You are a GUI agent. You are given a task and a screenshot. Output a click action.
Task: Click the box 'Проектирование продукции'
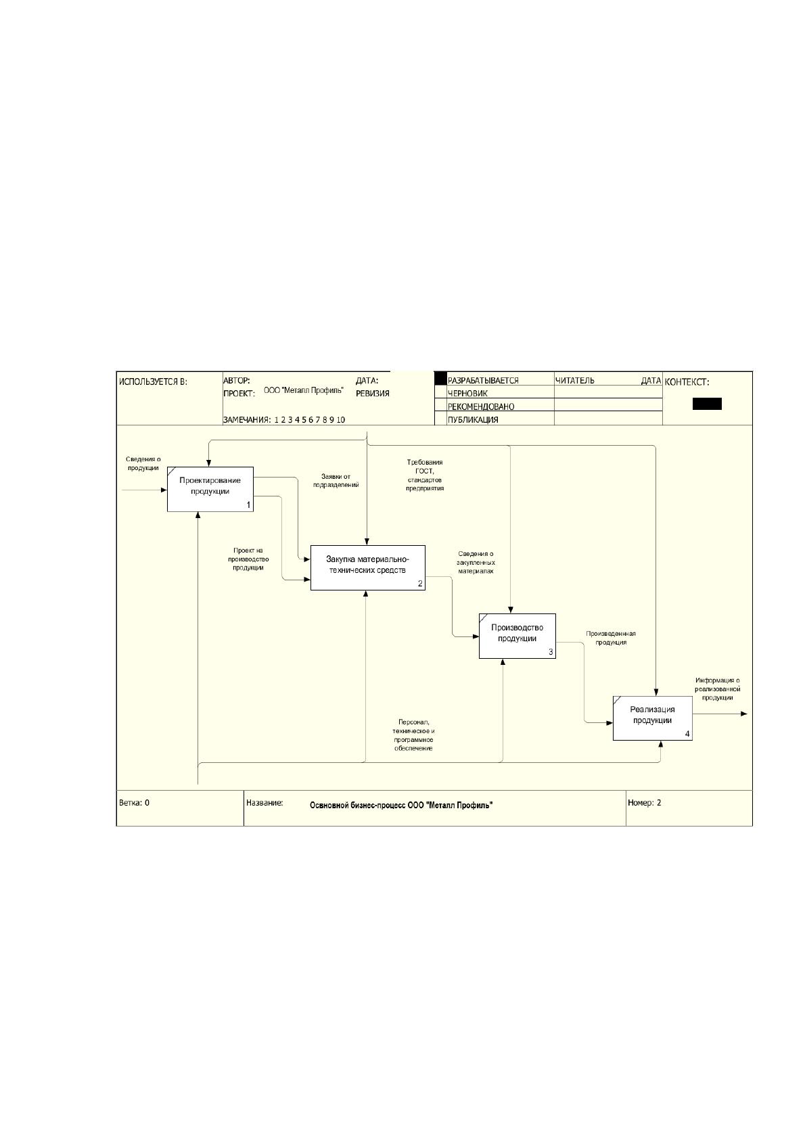pos(210,489)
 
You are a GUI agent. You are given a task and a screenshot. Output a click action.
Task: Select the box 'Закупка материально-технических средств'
pos(368,568)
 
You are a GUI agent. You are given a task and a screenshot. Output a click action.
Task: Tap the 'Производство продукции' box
pos(517,636)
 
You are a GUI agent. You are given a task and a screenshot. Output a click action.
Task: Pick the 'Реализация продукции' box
pos(652,718)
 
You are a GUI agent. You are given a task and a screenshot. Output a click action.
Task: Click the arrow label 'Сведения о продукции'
pos(143,464)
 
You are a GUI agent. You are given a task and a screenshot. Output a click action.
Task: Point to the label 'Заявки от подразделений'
pos(336,480)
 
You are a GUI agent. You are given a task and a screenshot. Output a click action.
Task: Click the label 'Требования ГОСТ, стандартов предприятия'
pos(425,475)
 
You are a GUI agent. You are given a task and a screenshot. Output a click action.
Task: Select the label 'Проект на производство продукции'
pos(248,559)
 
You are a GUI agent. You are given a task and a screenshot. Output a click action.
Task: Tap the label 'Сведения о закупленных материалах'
pos(476,562)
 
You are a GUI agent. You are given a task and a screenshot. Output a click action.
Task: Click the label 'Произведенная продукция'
pos(611,638)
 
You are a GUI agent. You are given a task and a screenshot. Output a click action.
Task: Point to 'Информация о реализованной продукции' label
pos(718,689)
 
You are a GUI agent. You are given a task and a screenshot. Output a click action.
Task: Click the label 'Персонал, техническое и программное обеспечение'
pos(413,735)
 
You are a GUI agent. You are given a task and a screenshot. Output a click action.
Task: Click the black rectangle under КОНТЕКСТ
pos(707,404)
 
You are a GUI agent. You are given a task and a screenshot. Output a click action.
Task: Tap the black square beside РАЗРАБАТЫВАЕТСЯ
pos(440,378)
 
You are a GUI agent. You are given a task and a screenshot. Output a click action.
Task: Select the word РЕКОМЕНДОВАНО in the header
pos(480,406)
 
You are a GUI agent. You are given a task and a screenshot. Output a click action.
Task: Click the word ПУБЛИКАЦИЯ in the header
pos(473,420)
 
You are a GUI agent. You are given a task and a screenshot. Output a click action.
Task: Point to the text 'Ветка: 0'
pos(134,803)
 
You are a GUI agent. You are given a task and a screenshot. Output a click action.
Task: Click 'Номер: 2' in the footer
pos(644,803)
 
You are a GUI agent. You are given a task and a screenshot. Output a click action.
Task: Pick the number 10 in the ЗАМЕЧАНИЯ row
pos(341,420)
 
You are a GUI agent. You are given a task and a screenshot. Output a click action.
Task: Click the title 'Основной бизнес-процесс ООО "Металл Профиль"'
pos(401,806)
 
